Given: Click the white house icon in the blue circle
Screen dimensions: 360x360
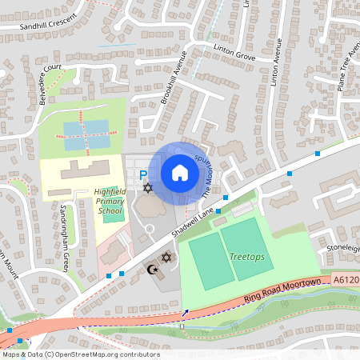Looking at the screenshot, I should [179, 172].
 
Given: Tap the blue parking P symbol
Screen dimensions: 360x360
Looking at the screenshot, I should [143, 175].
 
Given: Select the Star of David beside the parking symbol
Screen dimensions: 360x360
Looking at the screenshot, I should [147, 188].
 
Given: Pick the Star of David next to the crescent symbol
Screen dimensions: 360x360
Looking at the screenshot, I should [166, 258].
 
